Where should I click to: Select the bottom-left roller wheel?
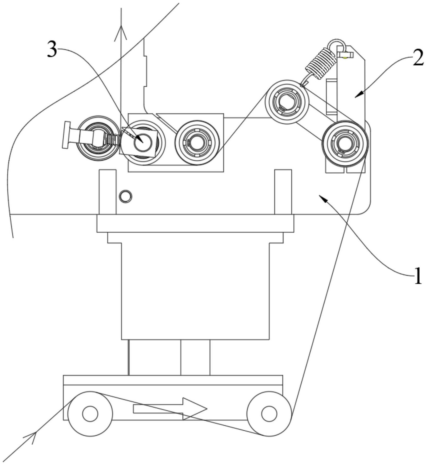(x=90, y=414)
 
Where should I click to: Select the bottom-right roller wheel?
(x=269, y=414)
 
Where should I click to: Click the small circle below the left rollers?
(x=126, y=196)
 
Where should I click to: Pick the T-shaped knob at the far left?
(x=66, y=135)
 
